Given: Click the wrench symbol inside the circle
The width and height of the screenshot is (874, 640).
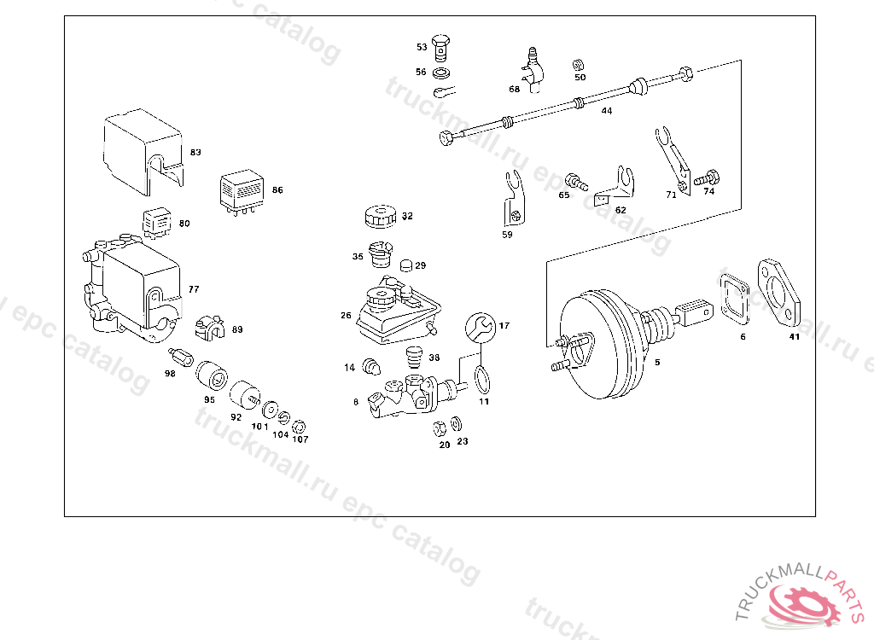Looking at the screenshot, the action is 480,326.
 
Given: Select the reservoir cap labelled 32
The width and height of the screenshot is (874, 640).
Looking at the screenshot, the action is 378,216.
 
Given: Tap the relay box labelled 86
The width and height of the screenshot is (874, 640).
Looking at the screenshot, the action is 242,190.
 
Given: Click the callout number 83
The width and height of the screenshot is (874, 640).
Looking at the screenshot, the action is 195,152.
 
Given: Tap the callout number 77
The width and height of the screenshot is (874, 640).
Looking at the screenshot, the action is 194,289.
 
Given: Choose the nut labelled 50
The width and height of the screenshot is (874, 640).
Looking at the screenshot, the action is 579,64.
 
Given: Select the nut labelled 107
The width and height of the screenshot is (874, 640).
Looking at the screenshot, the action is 300,425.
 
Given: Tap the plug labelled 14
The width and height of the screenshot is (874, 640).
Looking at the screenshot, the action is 371,366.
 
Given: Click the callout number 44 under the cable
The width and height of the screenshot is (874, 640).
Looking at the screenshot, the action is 606,111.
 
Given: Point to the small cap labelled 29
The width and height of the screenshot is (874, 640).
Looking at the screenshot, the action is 406,265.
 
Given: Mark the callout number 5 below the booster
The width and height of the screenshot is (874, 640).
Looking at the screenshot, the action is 657,362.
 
